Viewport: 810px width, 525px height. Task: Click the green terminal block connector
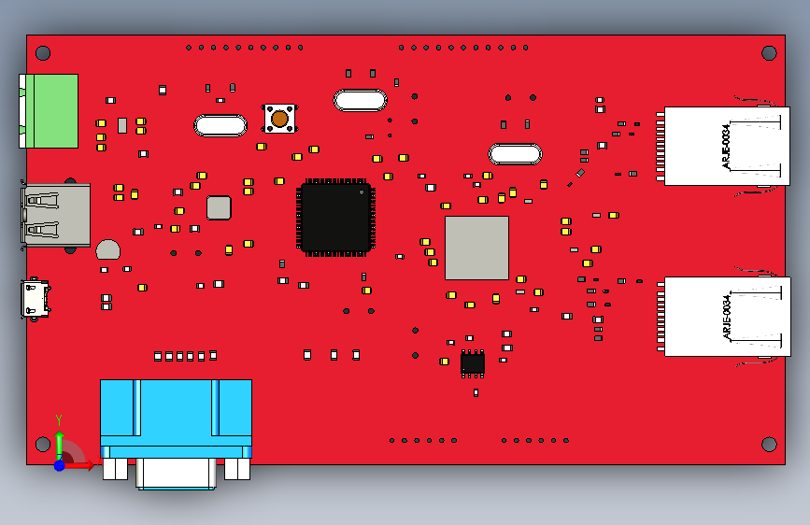click(51, 111)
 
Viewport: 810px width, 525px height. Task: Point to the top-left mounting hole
click(41, 53)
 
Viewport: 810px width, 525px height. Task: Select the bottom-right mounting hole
click(769, 443)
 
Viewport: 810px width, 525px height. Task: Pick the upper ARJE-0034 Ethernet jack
click(715, 147)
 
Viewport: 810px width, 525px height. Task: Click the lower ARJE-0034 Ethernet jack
click(715, 317)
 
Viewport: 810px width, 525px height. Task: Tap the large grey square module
click(476, 248)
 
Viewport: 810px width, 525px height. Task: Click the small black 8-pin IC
click(473, 362)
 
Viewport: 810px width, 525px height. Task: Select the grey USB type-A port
click(56, 215)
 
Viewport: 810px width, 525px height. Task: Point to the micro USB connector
click(38, 299)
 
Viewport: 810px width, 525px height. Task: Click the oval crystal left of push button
click(220, 125)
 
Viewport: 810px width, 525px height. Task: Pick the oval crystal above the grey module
click(515, 153)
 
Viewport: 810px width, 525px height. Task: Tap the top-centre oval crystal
click(360, 100)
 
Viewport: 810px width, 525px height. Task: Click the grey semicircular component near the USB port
click(108, 249)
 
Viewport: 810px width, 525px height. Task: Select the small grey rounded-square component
click(219, 207)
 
